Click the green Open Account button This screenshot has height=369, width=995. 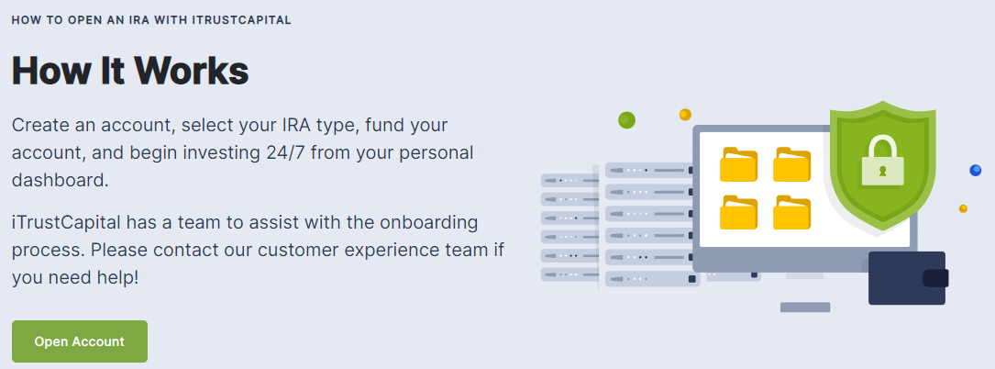point(80,341)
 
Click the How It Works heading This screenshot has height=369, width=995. point(130,71)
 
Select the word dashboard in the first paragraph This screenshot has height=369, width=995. point(61,180)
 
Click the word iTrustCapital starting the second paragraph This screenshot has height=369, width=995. point(67,224)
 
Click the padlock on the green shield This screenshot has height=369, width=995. point(883,160)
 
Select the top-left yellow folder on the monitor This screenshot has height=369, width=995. point(738,164)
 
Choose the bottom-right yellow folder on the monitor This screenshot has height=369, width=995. point(791,212)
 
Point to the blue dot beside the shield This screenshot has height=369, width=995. point(976,170)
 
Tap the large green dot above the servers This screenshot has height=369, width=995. point(626,119)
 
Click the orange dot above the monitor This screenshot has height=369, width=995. point(685,115)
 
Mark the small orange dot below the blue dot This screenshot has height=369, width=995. point(963,208)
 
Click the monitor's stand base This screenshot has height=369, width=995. point(805,307)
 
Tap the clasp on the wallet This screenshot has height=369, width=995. point(935,278)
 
